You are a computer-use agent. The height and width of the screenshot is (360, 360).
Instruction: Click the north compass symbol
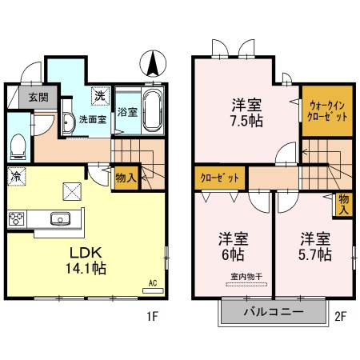coord(152,62)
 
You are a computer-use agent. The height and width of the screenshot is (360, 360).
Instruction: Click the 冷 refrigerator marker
coord(15,174)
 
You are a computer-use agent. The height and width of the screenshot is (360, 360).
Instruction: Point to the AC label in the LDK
coord(152,283)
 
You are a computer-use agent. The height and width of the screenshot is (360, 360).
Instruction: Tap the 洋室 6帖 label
coord(232,247)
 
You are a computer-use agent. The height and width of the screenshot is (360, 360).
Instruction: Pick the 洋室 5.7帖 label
coord(314,247)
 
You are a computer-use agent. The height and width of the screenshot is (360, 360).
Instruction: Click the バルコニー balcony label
coord(274,314)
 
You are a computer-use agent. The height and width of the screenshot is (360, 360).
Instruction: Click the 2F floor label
coord(341,316)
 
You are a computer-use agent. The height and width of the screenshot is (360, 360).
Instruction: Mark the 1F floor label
coord(152,316)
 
